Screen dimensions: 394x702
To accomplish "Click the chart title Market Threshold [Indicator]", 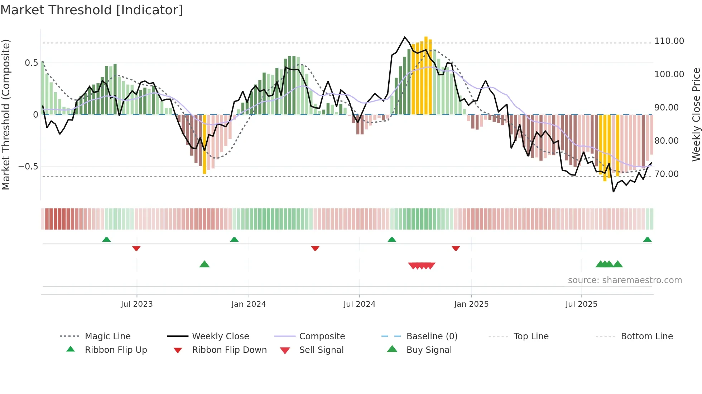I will point(92,10).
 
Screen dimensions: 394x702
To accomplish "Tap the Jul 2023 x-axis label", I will point(136,304).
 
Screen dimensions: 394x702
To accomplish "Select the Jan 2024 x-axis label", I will point(249,304).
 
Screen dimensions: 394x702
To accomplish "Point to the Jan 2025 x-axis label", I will point(471,304).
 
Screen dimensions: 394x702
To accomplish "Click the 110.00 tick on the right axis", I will point(669,41).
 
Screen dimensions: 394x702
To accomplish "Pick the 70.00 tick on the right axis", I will point(666,174).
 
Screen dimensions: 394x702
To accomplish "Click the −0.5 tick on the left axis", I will point(28,167).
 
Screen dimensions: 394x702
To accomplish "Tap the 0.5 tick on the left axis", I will point(31,63).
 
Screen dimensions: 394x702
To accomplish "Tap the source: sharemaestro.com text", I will point(625,280).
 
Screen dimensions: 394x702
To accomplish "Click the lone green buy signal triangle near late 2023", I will point(204,264).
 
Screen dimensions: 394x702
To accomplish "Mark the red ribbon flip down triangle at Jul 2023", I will point(136,248).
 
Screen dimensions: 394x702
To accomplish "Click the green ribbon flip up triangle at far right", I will point(647,240).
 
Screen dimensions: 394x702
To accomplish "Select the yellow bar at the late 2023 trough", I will point(205,144).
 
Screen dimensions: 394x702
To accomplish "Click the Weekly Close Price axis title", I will point(696,114).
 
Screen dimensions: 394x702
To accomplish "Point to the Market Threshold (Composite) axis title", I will point(6,114).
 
